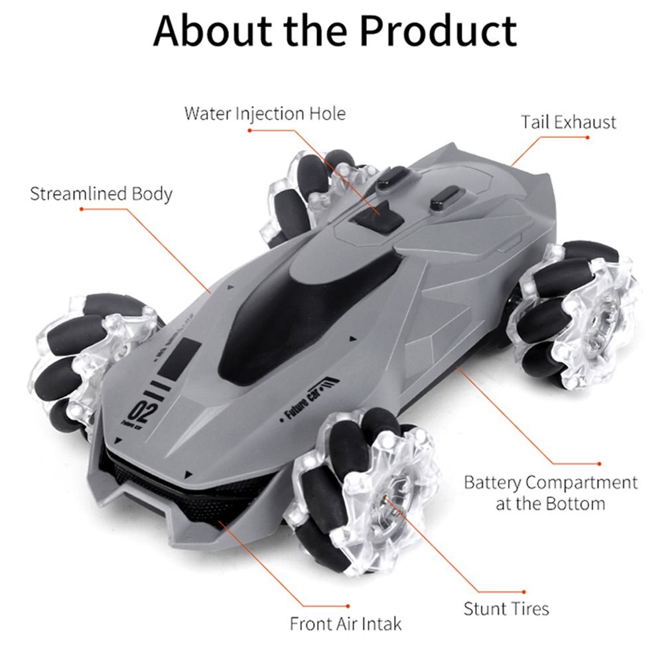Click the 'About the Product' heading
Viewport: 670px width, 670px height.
[x=335, y=31]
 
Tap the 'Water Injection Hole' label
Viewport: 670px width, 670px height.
[x=265, y=113]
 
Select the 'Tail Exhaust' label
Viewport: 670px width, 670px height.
[x=569, y=122]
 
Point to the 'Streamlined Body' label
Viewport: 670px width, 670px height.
[x=101, y=194]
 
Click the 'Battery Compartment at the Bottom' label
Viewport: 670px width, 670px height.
[x=551, y=493]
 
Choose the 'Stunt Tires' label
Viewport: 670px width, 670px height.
[x=506, y=608]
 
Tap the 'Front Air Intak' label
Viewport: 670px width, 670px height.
[x=345, y=624]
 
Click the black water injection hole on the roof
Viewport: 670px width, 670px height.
[x=376, y=219]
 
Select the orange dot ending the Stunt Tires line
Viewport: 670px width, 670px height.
[x=524, y=592]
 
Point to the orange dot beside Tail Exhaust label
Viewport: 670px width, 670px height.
[x=588, y=137]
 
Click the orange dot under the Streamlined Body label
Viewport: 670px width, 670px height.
[x=82, y=209]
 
